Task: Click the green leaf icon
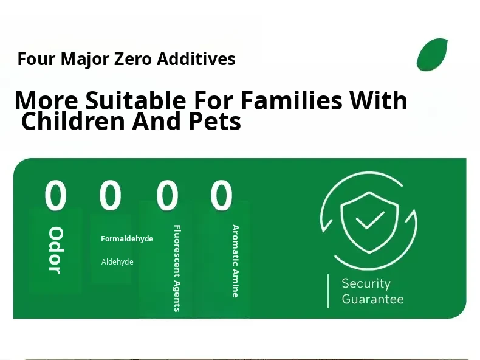point(432,55)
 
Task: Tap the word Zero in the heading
point(133,59)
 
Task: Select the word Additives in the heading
point(196,58)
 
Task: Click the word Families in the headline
point(292,100)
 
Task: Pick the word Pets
point(215,122)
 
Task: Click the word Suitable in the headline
point(135,100)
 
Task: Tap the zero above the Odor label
point(55,195)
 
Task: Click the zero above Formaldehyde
point(110,195)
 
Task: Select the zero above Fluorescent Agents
point(167,195)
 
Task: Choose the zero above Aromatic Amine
point(221,195)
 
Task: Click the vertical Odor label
point(56,251)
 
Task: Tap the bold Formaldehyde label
point(127,238)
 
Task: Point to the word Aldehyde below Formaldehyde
point(117,261)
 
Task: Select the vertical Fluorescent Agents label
point(177,268)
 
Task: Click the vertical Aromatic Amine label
point(235,261)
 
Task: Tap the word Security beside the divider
point(366,284)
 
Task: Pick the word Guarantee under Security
point(372,299)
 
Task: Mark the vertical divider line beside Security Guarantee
point(328,291)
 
